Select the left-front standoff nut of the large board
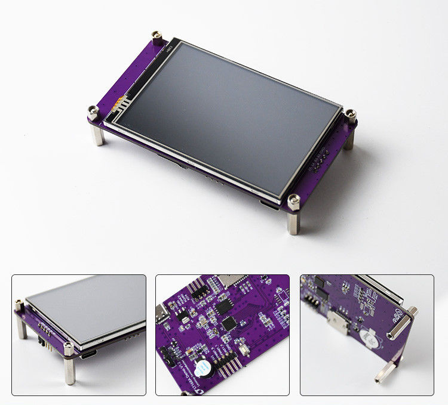coord(94,112)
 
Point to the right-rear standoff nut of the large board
coord(351,114)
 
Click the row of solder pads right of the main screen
coord(317,159)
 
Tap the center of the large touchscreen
coord(227,119)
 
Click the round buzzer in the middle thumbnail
coord(201,366)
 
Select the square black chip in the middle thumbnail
coord(229,323)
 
